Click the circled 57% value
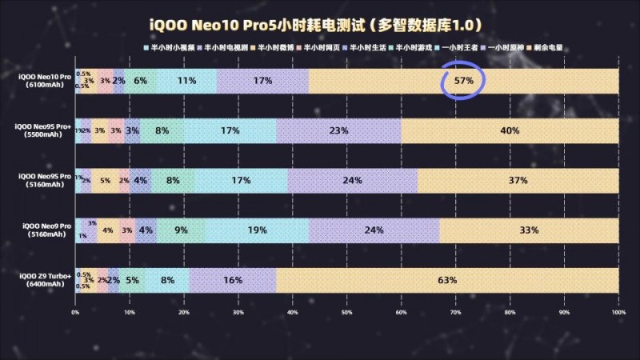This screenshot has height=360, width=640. click(x=464, y=81)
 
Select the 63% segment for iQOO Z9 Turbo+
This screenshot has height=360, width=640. click(x=447, y=280)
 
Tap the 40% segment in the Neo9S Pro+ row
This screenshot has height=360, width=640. click(x=510, y=130)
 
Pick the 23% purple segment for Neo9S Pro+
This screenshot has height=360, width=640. click(x=338, y=130)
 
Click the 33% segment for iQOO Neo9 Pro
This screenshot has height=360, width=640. click(x=529, y=230)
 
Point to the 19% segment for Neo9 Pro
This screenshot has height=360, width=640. click(x=257, y=230)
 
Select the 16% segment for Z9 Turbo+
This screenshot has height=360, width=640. click(x=233, y=280)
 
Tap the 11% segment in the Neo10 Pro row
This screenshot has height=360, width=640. click(x=187, y=81)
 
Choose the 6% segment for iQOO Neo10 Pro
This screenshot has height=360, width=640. click(x=141, y=81)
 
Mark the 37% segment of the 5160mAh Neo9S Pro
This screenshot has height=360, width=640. click(x=518, y=181)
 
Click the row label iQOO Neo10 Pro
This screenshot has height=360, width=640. click(x=45, y=80)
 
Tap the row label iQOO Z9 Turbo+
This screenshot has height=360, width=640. click(x=45, y=279)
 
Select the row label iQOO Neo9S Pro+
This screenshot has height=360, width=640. click(x=45, y=130)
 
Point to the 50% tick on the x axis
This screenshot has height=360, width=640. click(x=346, y=313)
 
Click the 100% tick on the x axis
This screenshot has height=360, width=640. click(x=618, y=313)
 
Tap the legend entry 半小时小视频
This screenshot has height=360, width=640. click(x=169, y=48)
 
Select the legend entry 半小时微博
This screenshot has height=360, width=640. click(x=278, y=48)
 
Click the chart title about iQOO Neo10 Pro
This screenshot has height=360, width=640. click(x=320, y=25)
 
